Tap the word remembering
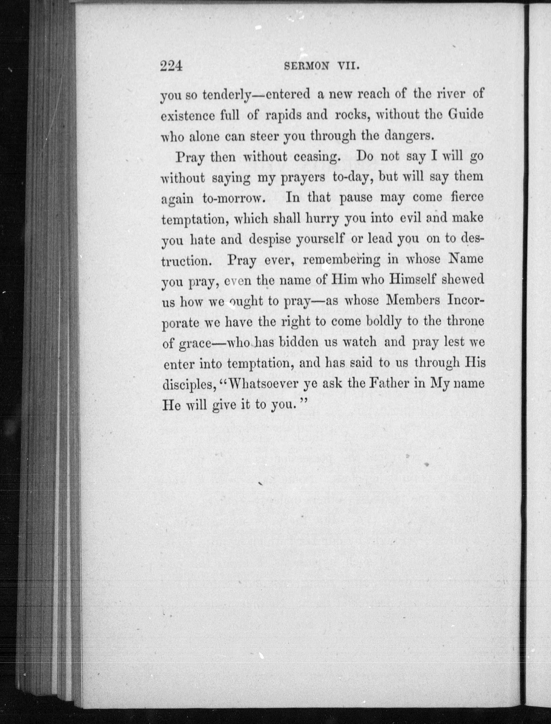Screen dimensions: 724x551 click(x=342, y=259)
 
